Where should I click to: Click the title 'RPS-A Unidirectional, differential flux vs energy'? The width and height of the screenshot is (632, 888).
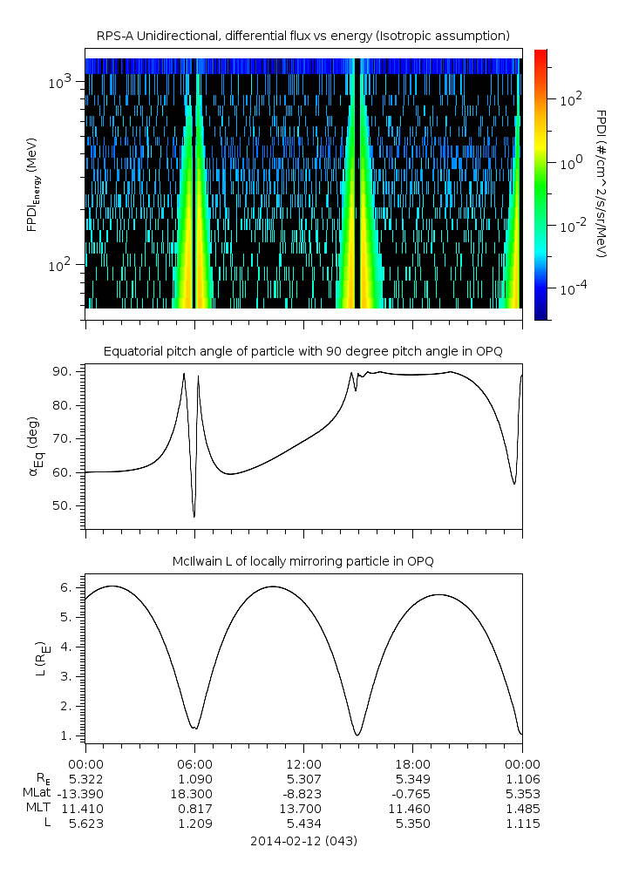303,36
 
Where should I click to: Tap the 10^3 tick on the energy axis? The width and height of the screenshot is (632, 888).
65,82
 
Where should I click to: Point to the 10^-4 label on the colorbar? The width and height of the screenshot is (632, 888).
572,288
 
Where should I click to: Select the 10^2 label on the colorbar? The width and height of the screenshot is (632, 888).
571,100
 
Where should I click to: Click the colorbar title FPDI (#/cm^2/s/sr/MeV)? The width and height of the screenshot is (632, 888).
601,183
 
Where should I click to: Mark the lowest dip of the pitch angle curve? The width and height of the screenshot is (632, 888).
194,517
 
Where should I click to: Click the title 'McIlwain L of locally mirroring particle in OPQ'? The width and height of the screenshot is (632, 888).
303,561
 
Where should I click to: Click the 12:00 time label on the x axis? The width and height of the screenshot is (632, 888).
302,761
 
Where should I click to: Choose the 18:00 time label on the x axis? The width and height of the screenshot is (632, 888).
412,761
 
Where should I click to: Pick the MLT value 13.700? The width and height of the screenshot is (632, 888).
302,809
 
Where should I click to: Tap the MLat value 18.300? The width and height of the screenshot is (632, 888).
194,793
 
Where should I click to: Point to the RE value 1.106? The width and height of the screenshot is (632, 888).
521,777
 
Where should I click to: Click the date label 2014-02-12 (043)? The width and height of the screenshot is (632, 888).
303,841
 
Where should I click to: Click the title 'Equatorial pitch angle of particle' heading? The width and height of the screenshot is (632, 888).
303,351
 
